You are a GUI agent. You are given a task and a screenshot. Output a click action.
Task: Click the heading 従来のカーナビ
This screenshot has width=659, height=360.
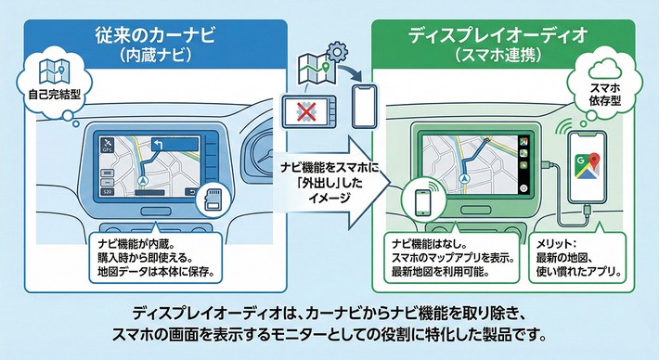point(155,35)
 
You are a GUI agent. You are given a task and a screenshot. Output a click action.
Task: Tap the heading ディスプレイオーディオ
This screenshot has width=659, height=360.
point(497,35)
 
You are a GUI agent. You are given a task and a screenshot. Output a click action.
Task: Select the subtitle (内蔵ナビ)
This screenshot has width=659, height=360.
point(155,56)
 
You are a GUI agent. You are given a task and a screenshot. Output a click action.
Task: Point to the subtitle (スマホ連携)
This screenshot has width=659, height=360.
point(498,56)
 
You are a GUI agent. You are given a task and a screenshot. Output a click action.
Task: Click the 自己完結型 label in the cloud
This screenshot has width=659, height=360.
point(54,94)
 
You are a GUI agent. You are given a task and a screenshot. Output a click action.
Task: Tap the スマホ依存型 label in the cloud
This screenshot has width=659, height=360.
point(605,95)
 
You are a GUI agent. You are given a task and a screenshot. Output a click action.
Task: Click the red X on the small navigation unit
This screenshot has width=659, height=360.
point(305,111)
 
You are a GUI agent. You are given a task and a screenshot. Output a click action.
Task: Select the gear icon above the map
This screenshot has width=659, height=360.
point(336,52)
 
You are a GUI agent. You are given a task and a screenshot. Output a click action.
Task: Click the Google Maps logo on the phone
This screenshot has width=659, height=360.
point(588,164)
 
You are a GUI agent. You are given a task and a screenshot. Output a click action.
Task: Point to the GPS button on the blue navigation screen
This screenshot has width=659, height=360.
point(107,146)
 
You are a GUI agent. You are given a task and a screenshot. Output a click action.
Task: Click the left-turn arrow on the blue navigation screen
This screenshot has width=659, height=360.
point(157,146)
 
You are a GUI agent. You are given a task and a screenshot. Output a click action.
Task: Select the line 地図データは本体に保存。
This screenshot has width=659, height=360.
point(155,271)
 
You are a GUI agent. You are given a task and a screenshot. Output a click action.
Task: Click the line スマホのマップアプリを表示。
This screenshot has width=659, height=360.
point(453,258)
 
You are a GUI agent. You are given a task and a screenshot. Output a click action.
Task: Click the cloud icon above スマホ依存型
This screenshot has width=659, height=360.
point(605,70)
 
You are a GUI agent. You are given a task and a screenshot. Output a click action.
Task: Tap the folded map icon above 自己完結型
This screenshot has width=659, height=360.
point(54,71)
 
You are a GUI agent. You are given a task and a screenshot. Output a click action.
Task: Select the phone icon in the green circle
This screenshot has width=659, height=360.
point(422,203)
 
